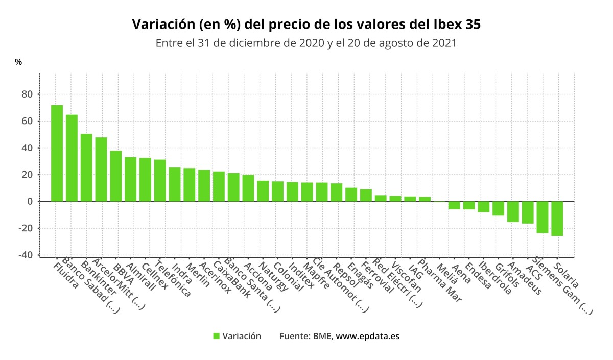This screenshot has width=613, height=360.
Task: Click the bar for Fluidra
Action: coord(57,153)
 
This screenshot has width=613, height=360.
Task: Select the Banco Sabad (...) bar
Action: coord(72,158)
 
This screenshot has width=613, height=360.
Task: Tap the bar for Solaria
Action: coord(557,219)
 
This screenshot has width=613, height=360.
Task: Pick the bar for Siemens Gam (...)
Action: coord(543,217)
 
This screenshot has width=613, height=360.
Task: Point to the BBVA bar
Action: coord(116,176)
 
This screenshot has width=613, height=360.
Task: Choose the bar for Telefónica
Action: coord(160,180)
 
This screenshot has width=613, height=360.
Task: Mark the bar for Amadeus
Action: coord(513,211)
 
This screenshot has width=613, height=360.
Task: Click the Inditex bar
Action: coord(293,191)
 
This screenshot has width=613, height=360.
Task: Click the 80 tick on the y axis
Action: coord(27,94)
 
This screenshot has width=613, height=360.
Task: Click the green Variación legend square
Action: coord(216,336)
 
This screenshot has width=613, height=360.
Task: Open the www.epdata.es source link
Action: coord(367,336)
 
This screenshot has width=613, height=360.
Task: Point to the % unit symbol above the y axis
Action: coord(18,62)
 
